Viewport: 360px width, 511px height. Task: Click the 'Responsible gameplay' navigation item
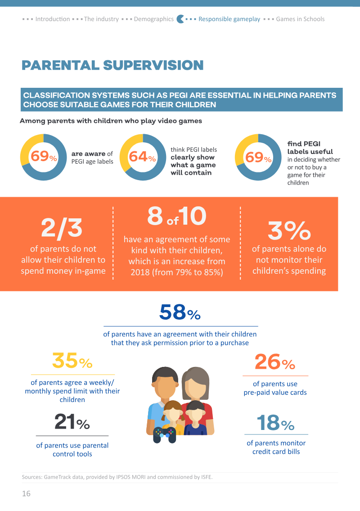[x=229, y=19]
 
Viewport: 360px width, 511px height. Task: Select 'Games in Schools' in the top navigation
[x=301, y=19]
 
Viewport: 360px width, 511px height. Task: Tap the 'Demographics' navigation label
[x=154, y=19]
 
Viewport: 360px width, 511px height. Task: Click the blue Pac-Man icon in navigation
[x=180, y=19]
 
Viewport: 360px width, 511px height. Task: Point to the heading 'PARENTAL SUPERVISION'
[x=112, y=65]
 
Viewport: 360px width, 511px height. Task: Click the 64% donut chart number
[x=142, y=157]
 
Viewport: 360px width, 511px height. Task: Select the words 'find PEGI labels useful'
[x=310, y=148]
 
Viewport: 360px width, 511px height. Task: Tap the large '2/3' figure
[x=62, y=227]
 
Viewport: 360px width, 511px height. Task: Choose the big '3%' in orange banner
[x=289, y=230]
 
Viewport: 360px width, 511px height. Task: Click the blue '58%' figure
[x=180, y=312]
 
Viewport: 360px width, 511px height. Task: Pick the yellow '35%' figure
[x=72, y=361]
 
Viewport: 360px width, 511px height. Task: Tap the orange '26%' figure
[x=275, y=362]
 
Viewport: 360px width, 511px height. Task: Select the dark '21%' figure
[x=72, y=421]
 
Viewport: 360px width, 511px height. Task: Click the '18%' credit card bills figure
[x=275, y=423]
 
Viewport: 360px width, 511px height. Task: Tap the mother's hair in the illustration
[x=195, y=380]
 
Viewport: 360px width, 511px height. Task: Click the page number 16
[x=26, y=494]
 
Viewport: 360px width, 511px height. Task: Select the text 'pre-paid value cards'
[x=275, y=393]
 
